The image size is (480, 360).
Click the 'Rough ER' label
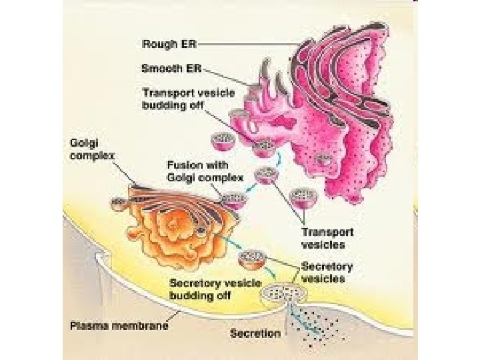pos(169,45)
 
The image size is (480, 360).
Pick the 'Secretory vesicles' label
pos(327,272)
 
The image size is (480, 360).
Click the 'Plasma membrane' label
pos(119,326)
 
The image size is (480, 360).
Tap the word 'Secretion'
pos(255,333)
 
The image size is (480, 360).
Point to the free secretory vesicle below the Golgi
pos(253,257)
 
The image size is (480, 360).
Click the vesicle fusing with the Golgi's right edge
pos(234,199)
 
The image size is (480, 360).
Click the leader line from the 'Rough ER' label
pos(253,44)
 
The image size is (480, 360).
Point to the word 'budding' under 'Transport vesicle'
pos(163,105)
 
